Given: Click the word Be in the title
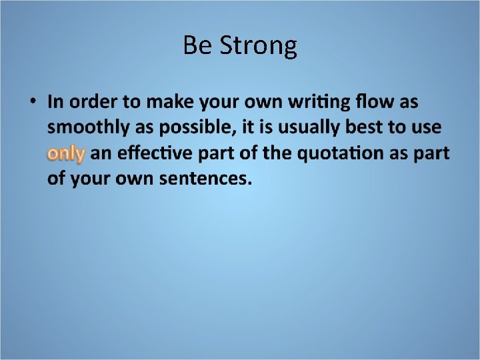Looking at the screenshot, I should coord(197,45).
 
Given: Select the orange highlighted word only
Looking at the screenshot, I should coord(66,154).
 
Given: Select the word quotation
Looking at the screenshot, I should coord(339,153).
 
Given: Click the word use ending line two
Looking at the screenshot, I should coord(428,128).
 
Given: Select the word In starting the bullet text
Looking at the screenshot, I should coord(55,103).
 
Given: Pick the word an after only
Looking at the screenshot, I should coord(101,154).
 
